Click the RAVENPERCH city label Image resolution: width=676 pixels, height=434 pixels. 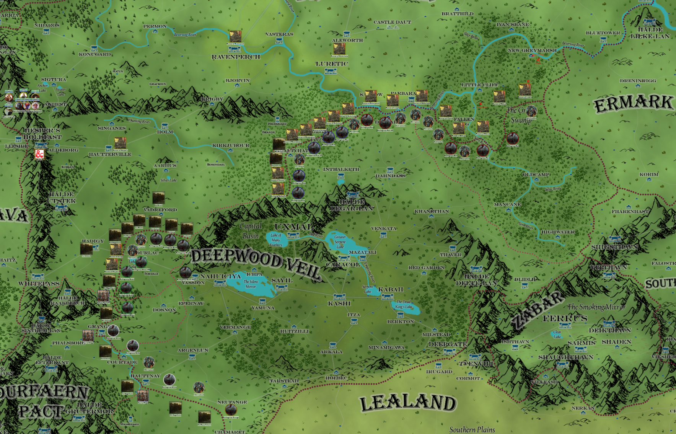coord(236,57)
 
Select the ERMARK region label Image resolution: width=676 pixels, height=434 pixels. coord(633,104)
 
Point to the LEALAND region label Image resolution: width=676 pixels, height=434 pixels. coord(408,403)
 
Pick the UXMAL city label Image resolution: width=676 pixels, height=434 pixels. coord(293,227)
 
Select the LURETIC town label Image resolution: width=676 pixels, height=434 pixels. coord(332,64)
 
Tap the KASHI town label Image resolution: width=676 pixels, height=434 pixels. coord(339,303)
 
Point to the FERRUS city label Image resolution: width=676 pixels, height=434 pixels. coord(565,318)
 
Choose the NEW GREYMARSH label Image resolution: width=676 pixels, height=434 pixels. coord(532,51)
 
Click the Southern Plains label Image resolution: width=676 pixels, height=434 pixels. coord(472,429)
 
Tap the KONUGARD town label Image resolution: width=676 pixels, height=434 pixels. coord(95,54)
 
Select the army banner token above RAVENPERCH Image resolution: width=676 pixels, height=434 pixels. coord(235,37)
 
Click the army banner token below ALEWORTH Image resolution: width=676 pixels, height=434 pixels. coord(339,49)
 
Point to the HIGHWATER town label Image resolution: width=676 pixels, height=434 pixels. coord(558,232)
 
